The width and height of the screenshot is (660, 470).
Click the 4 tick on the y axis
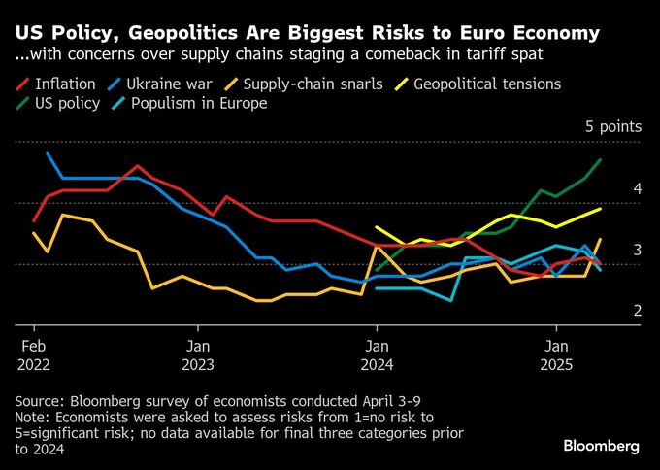pyautogui.click(x=610, y=188)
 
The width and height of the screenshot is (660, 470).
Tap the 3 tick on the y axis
pyautogui.click(x=610, y=250)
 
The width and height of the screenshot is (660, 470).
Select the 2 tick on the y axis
pyautogui.click(x=610, y=310)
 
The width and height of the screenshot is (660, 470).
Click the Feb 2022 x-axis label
pyautogui.click(x=35, y=354)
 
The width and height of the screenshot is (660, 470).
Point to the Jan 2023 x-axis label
pyautogui.click(x=198, y=354)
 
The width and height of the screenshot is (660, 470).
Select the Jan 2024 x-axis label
pyautogui.click(x=377, y=354)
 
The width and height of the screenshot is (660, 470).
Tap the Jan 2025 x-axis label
pyautogui.click(x=556, y=354)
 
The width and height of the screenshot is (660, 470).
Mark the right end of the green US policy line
pyautogui.click(x=601, y=159)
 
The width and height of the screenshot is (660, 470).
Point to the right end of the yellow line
pyautogui.click(x=601, y=208)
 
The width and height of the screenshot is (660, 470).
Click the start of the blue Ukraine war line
pyautogui.click(x=48, y=153)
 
